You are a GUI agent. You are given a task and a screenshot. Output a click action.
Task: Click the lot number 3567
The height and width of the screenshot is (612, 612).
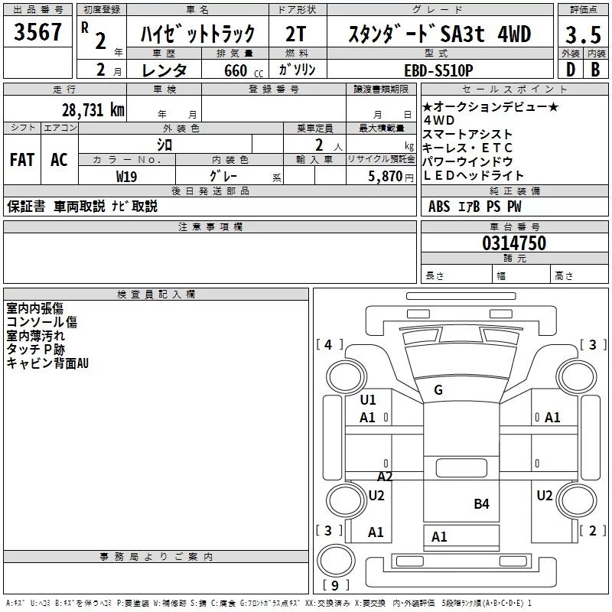tap(38, 34)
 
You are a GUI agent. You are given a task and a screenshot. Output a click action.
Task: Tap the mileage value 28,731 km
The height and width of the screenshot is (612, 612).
tap(93, 109)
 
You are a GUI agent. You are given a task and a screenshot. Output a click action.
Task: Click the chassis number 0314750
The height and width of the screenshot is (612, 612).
tap(514, 244)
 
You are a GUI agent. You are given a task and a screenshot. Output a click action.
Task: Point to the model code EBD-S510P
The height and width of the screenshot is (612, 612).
tap(449, 70)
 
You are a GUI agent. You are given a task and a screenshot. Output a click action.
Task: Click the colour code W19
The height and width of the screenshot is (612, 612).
tap(127, 177)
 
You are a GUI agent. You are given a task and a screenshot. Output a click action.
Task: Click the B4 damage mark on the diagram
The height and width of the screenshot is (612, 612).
tap(481, 503)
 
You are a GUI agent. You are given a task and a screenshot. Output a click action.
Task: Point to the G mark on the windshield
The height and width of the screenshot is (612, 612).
tap(438, 390)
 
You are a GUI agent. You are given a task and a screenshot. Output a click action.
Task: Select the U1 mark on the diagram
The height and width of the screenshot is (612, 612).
tap(368, 399)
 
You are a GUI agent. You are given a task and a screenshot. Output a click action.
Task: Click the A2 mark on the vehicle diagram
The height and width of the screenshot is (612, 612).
tap(385, 477)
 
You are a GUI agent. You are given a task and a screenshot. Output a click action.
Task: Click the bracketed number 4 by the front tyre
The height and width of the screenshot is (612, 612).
tap(329, 344)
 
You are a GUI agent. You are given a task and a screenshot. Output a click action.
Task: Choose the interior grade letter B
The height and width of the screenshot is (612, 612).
tap(595, 70)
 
